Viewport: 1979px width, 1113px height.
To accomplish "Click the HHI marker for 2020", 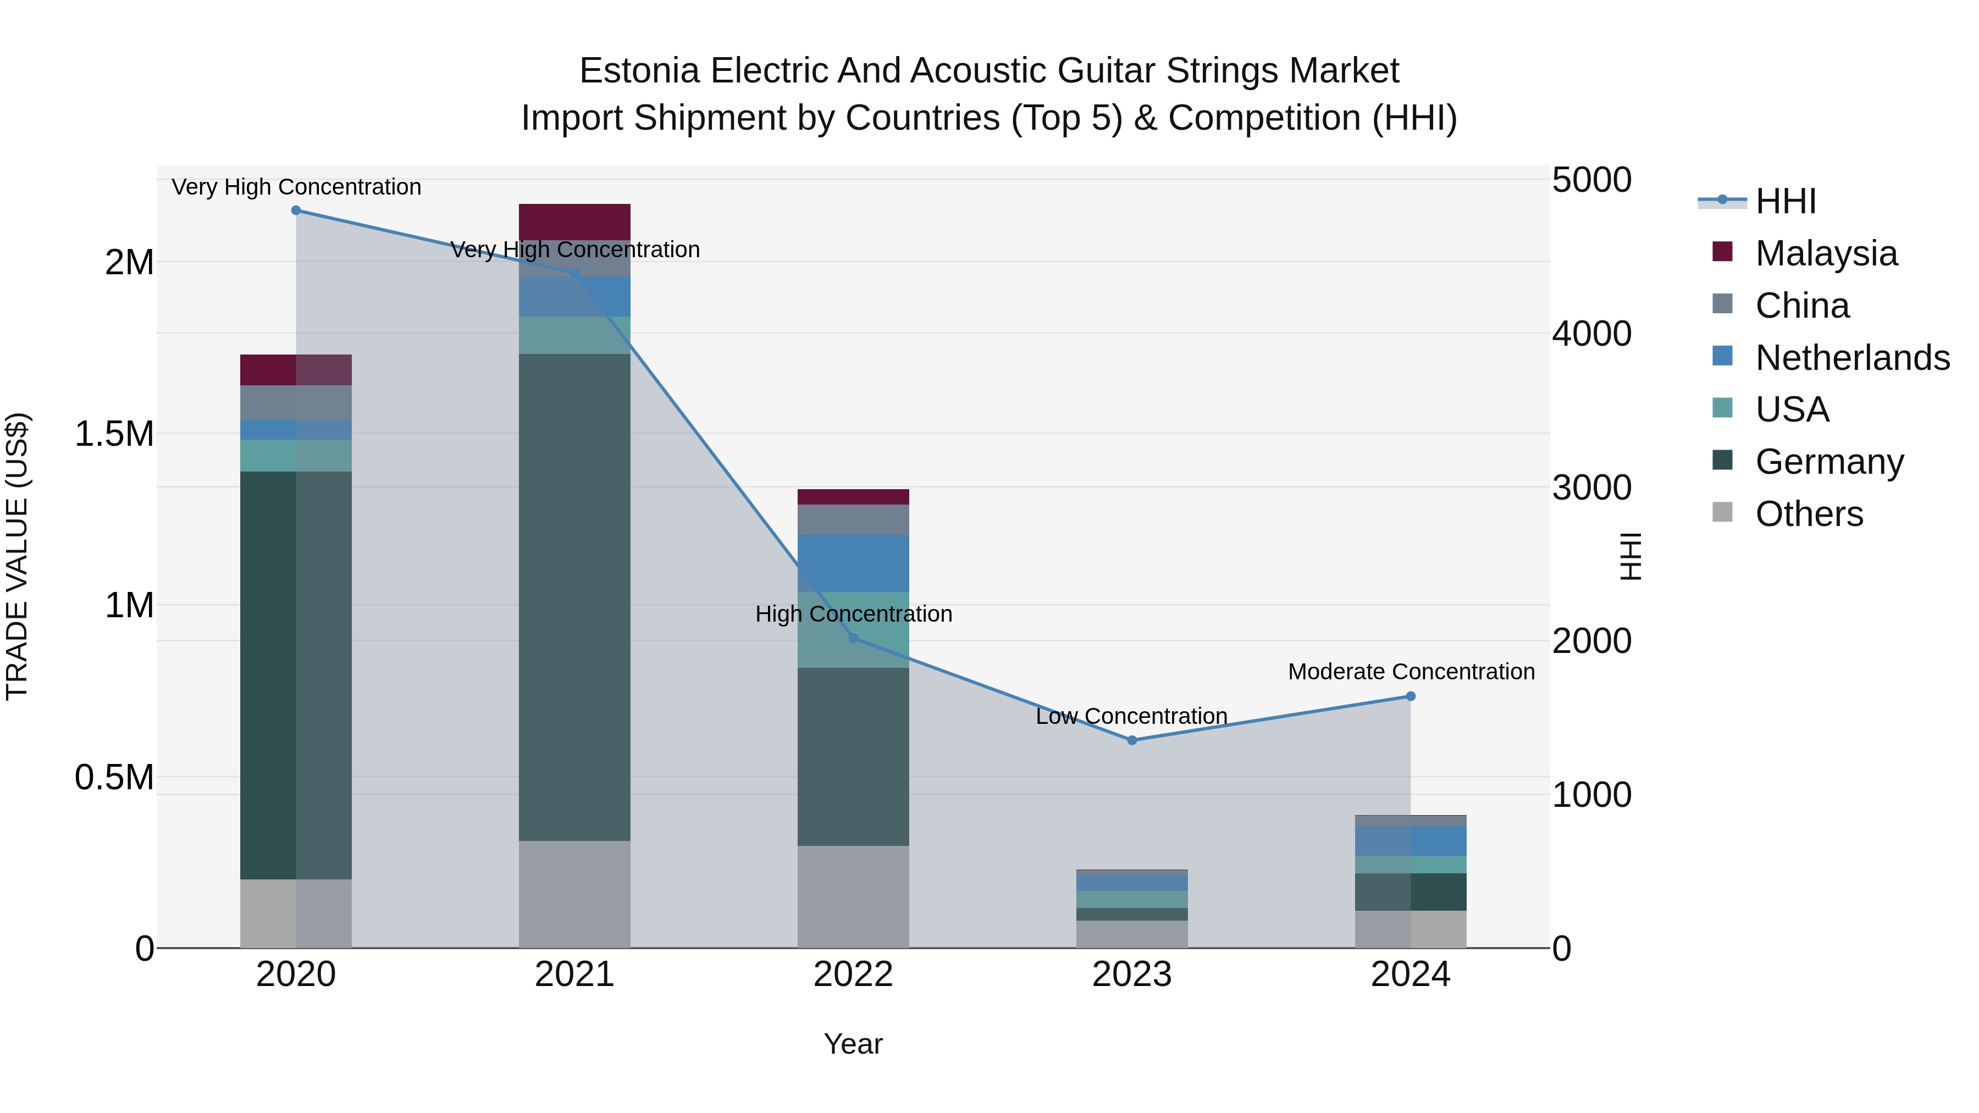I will click(x=296, y=211).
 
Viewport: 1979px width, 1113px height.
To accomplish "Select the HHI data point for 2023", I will click(x=1132, y=740).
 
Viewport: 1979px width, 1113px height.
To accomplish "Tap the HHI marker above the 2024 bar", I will click(x=1411, y=697).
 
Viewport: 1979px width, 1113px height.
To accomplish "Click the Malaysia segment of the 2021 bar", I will click(x=574, y=222).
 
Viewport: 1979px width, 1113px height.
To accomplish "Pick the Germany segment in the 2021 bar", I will click(x=574, y=597).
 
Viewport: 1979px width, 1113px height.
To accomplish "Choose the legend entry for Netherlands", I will click(x=1851, y=358).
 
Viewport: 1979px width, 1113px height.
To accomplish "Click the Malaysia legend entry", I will click(x=1825, y=253).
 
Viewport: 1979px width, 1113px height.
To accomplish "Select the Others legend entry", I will click(x=1809, y=514).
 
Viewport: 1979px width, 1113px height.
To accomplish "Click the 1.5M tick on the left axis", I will click(x=114, y=434).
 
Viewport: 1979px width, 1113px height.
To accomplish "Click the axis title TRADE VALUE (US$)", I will click(x=17, y=556).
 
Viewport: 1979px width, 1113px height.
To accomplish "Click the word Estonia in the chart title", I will click(x=639, y=71).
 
